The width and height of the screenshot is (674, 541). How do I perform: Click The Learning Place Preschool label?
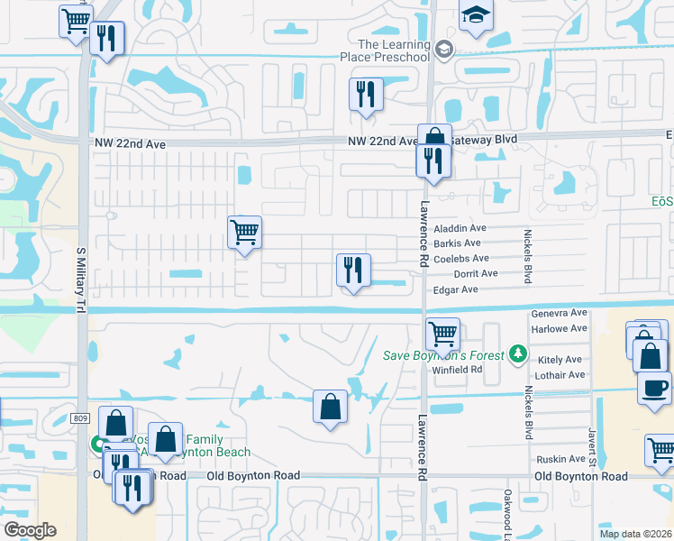click(394, 50)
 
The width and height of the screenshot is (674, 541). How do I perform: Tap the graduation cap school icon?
click(475, 16)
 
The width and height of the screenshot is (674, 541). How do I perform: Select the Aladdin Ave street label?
click(460, 229)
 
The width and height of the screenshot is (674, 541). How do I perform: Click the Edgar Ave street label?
click(455, 289)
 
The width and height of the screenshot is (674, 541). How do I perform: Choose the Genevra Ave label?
click(559, 315)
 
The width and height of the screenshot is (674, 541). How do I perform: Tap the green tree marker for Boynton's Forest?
click(517, 353)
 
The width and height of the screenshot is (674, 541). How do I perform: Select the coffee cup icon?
click(654, 387)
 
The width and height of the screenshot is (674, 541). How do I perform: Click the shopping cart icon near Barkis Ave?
click(244, 233)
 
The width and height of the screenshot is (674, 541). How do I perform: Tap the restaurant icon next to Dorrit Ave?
click(353, 270)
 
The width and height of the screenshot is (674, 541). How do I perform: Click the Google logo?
click(30, 530)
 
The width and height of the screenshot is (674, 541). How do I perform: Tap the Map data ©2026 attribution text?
click(634, 534)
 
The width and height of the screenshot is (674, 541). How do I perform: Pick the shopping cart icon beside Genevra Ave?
click(442, 334)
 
